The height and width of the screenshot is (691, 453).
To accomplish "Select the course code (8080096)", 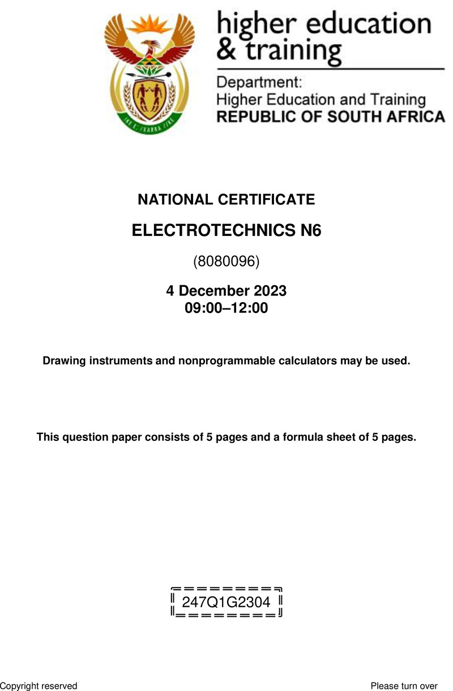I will coord(226,261).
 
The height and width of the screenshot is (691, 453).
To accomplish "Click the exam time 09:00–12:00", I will coord(226,308).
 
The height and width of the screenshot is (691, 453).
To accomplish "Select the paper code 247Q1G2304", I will coord(226,601).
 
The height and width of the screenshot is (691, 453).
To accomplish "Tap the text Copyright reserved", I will coord(39,686).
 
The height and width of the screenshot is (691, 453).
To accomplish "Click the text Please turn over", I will coord(404,686).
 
